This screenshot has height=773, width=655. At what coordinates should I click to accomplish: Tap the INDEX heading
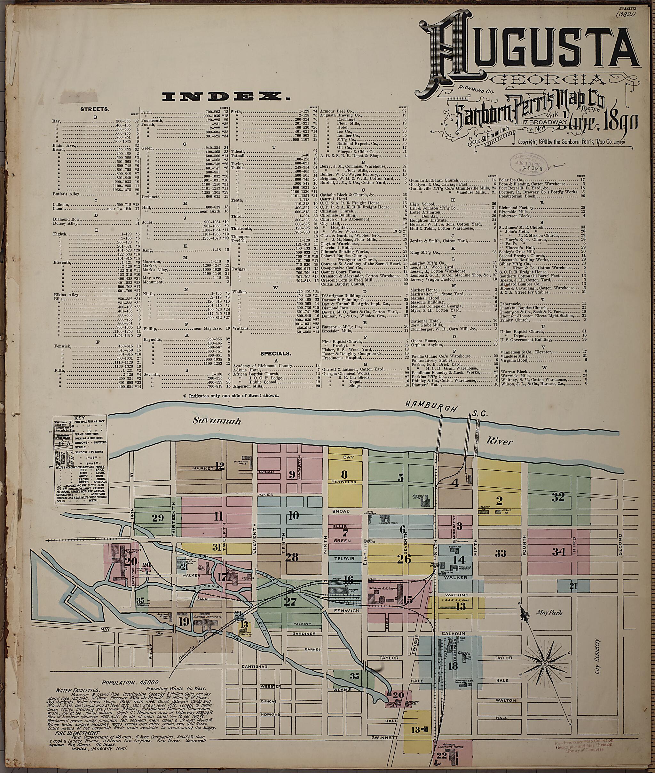pos(225,97)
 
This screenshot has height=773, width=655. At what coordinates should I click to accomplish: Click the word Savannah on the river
pos(217,421)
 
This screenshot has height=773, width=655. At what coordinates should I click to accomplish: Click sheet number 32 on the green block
pos(558,496)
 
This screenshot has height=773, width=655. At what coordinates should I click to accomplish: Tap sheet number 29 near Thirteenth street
pos(157,518)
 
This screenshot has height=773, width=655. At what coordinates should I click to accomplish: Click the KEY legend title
pos(79,418)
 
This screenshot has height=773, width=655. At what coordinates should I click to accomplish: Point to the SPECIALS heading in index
pos(275,354)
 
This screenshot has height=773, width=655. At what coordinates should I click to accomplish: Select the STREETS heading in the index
pos(95,109)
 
